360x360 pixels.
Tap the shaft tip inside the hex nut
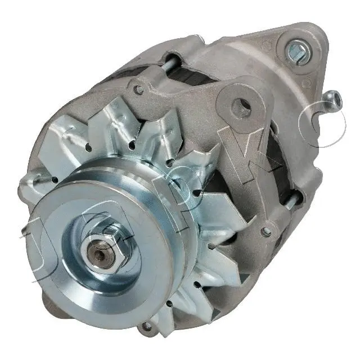pos(101,254)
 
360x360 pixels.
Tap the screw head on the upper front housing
pos(137,88)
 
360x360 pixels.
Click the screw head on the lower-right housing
pos(266,231)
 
